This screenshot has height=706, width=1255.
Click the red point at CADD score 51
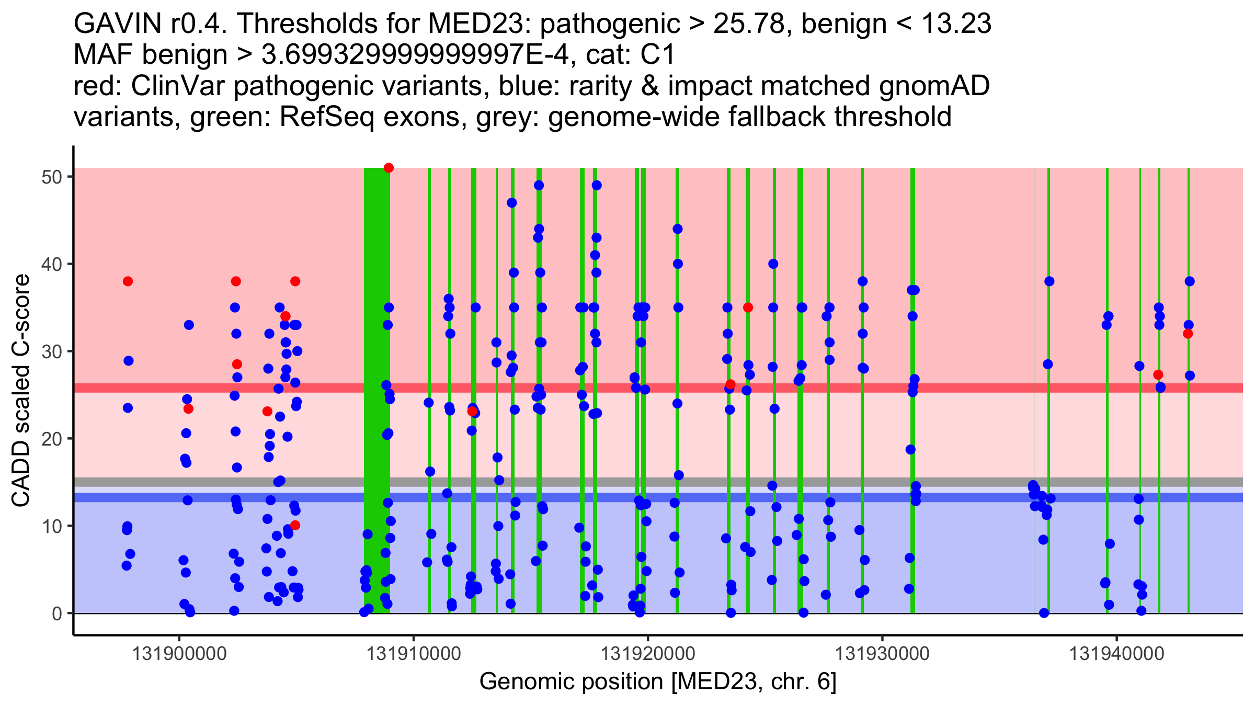(389, 168)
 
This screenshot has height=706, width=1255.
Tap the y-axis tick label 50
(51, 177)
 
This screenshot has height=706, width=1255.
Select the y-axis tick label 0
(56, 613)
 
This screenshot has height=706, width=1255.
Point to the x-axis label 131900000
(179, 654)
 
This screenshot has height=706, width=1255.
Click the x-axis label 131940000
(1117, 654)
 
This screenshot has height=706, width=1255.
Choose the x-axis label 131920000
(648, 654)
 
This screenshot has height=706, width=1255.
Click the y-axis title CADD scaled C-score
(21, 391)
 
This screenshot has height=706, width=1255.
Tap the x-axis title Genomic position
(658, 681)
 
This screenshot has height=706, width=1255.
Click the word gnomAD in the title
(934, 86)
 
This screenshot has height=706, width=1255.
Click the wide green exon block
(376, 366)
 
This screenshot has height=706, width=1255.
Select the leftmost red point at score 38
(128, 281)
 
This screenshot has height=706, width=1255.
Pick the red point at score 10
(295, 525)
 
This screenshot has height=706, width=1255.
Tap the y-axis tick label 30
(51, 351)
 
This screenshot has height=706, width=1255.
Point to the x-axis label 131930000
(883, 654)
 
